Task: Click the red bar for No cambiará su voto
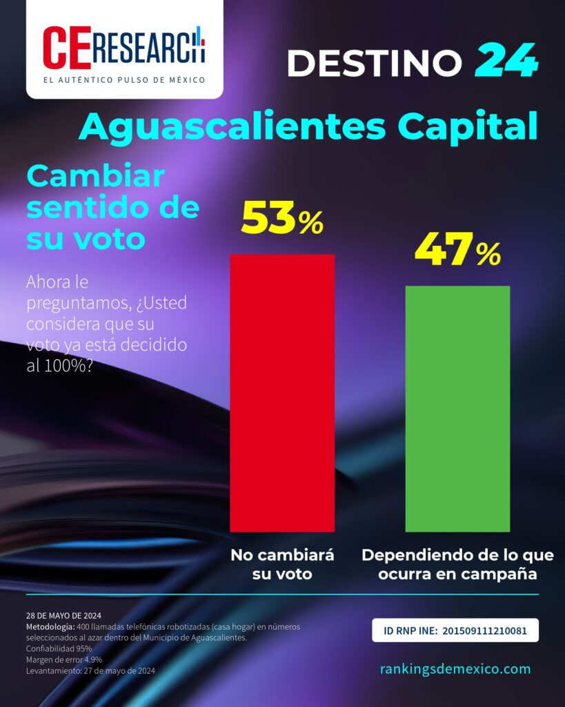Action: [282, 393]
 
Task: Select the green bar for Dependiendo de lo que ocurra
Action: [458, 409]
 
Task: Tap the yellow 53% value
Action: [283, 218]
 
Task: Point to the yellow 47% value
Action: [458, 249]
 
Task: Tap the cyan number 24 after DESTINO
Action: [506, 60]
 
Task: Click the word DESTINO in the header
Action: [375, 62]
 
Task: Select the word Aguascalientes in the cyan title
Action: [232, 127]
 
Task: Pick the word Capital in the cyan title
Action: [468, 126]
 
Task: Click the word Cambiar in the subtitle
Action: [95, 177]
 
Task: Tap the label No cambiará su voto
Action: [282, 564]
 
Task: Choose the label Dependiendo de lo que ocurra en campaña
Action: [458, 564]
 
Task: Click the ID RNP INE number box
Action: [455, 630]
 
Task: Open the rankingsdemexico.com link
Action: [455, 668]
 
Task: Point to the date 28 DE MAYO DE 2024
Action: [63, 615]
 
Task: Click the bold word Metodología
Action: [50, 627]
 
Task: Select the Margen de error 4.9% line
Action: [64, 659]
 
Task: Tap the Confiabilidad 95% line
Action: [59, 649]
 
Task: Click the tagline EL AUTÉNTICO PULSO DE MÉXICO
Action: [124, 80]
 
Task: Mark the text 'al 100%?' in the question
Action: [60, 366]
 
